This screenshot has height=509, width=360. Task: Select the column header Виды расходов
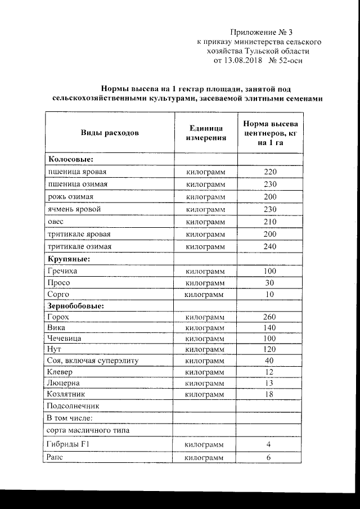pyautogui.click(x=110, y=133)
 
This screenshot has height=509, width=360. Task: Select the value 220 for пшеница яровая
pyautogui.click(x=270, y=172)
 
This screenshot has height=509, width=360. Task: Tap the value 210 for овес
pyautogui.click(x=270, y=222)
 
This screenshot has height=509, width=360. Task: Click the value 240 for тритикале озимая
pyautogui.click(x=270, y=246)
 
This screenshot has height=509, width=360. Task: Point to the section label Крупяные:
pyautogui.click(x=69, y=259)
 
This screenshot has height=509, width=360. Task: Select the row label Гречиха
pyautogui.click(x=62, y=271)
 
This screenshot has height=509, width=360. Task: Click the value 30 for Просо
pyautogui.click(x=270, y=283)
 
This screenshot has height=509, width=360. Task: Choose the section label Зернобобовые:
pyautogui.click(x=76, y=307)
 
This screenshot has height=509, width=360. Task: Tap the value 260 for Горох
pyautogui.click(x=270, y=317)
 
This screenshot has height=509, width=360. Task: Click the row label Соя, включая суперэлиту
pyautogui.click(x=92, y=360)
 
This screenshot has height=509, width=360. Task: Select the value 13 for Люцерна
pyautogui.click(x=270, y=383)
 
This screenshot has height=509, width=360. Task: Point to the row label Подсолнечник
pyautogui.click(x=73, y=406)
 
